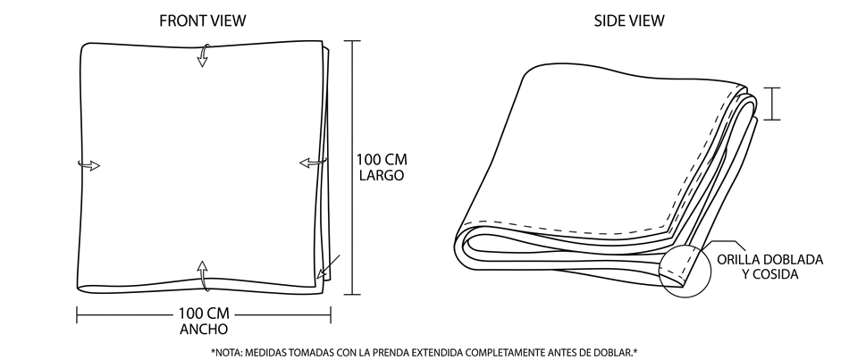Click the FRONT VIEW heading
203,21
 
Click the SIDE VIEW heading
629,21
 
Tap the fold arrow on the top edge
203,55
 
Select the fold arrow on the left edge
88,164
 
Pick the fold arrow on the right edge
314,162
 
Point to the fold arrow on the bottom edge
203,275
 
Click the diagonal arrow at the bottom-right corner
329,266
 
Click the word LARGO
382,175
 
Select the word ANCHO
204,329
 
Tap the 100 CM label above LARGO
382,160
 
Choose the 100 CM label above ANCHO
204,314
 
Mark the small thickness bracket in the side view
772,104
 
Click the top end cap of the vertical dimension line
352,41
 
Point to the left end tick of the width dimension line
77,314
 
